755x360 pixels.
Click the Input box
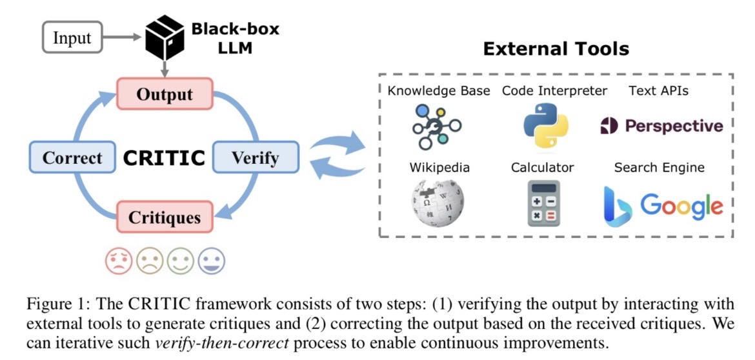pyautogui.click(x=72, y=37)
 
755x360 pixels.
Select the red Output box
pyautogui.click(x=165, y=94)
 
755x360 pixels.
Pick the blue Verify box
pyautogui.click(x=256, y=157)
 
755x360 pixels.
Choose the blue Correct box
pyautogui.click(x=72, y=157)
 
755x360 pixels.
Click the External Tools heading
pyautogui.click(x=556, y=49)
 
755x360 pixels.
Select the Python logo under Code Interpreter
pyautogui.click(x=545, y=126)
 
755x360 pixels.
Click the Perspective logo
pyautogui.click(x=661, y=126)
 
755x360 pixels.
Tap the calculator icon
pyautogui.click(x=543, y=203)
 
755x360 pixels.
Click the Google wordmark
pyautogui.click(x=681, y=205)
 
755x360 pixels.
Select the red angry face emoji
pyautogui.click(x=119, y=261)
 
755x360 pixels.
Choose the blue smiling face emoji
pyautogui.click(x=212, y=261)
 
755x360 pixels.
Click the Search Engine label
pyautogui.click(x=659, y=168)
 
